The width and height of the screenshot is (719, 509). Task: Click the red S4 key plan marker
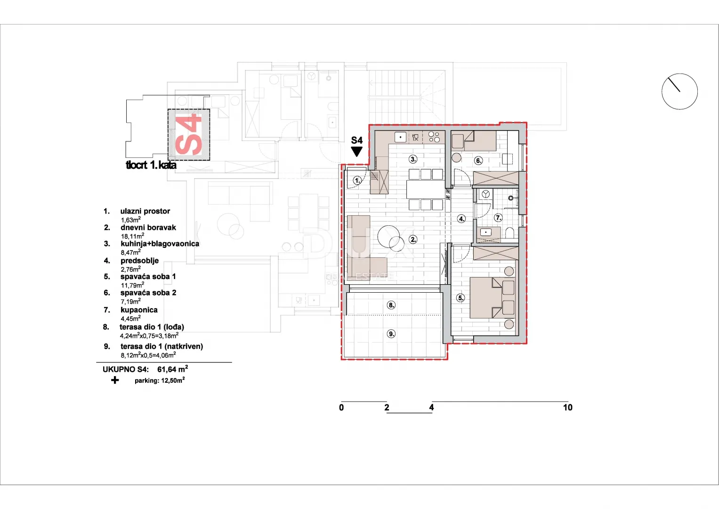tap(189, 134)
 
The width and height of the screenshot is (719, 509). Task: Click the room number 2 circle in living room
tap(413, 239)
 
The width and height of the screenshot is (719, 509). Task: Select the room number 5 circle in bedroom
tap(460, 298)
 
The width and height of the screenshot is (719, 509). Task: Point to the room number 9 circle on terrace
tap(391, 334)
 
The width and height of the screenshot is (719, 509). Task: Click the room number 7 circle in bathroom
tap(498, 218)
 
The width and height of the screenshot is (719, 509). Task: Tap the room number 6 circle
tap(478, 161)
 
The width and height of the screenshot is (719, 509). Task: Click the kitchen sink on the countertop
tap(400, 137)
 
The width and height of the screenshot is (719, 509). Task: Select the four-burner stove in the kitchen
tap(434, 137)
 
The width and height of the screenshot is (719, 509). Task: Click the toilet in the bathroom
tap(510, 233)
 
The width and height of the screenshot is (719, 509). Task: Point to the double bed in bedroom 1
tap(493, 298)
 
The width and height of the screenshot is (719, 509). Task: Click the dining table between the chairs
tap(426, 189)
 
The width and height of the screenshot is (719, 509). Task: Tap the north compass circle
tap(679, 91)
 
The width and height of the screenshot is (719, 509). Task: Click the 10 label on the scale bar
tap(567, 408)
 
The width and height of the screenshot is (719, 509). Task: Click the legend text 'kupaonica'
tap(139, 310)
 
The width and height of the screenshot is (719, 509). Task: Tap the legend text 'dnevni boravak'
tap(148, 228)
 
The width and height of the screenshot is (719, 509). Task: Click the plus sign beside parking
tap(115, 380)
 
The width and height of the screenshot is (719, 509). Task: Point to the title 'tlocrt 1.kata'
tap(151, 165)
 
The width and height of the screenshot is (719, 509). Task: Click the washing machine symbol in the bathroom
tap(485, 194)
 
